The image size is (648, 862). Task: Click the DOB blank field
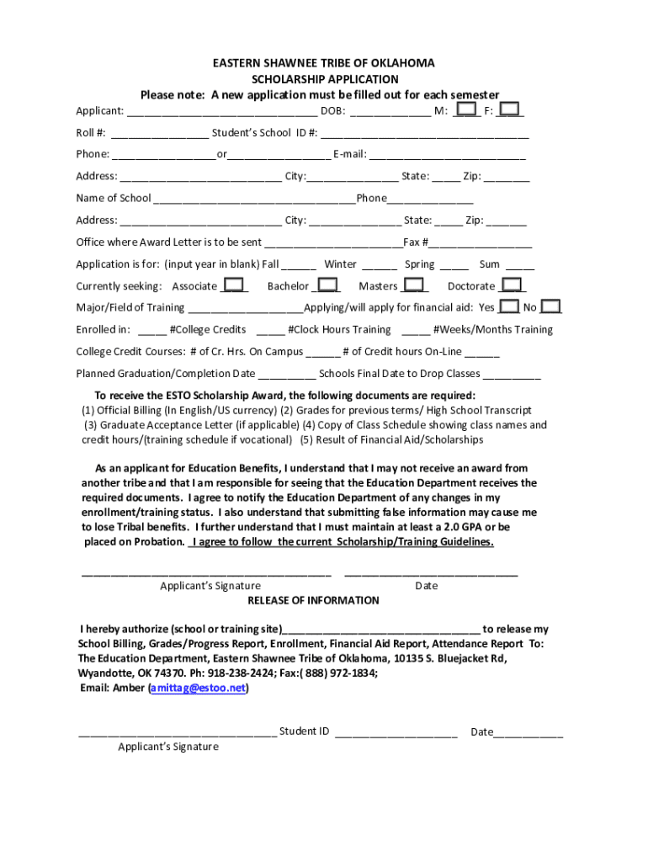[x=390, y=111]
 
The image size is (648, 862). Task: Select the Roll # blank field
[x=159, y=133]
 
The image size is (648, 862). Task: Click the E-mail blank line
[x=447, y=155]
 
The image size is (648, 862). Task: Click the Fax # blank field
[x=481, y=242]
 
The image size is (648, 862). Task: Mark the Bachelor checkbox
[x=327, y=285]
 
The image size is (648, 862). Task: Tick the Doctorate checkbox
[x=513, y=285]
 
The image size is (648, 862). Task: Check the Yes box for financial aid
[x=508, y=307]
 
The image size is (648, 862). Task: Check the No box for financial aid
[x=550, y=307]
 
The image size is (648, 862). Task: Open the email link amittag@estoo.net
[x=199, y=688]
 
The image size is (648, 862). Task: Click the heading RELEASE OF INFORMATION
[x=313, y=600]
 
